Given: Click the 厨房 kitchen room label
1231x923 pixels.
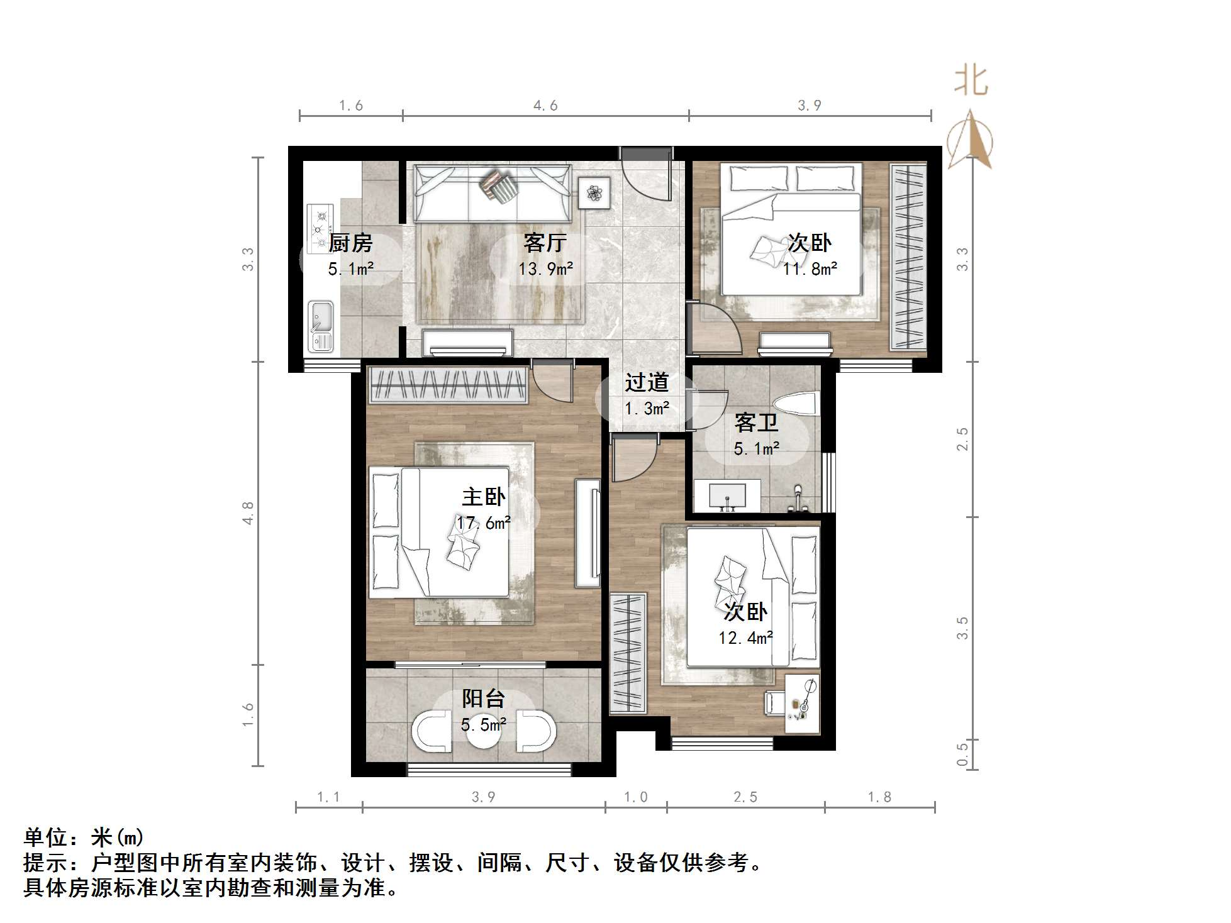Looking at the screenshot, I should (350, 243).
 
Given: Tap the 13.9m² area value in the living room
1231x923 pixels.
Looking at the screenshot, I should (545, 269).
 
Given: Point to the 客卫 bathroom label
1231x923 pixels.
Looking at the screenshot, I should (755, 423).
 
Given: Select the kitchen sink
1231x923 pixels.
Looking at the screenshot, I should (321, 326).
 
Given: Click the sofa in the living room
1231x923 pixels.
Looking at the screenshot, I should (492, 193).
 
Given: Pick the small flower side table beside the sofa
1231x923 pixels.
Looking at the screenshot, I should (594, 192).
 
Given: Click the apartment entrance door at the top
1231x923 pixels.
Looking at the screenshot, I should (647, 173).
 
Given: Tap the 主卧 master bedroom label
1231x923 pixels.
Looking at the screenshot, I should (483, 497).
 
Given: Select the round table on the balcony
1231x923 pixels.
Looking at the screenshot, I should (483, 733).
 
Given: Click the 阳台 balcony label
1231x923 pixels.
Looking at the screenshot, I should (483, 699).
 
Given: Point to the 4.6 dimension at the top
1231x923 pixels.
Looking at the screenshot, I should (545, 106).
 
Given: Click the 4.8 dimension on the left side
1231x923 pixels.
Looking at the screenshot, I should (248, 512).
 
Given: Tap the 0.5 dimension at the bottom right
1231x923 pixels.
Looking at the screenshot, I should (962, 754).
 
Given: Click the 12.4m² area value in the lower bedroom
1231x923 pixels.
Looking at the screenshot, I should (745, 638).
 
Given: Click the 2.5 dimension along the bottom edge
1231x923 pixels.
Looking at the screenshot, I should (745, 797).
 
